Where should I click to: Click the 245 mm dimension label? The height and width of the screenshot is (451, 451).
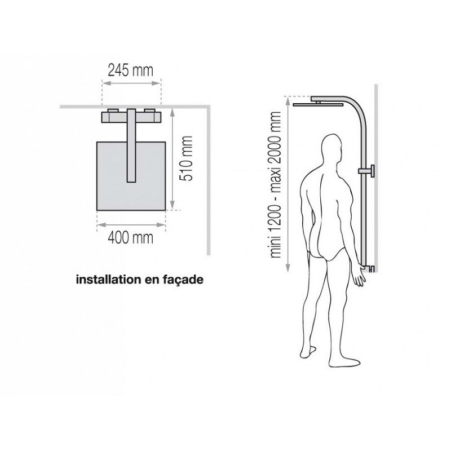[x=131, y=71]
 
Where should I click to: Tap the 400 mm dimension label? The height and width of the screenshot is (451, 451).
[x=131, y=238]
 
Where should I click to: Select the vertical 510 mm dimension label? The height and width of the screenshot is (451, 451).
[x=185, y=158]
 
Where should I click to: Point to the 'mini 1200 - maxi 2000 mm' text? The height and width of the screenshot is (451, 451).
[x=276, y=184]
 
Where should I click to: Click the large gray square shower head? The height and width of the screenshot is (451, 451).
[x=131, y=176]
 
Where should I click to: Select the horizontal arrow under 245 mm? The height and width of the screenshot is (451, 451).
[x=131, y=83]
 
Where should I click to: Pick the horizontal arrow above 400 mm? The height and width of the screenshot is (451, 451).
[x=131, y=224]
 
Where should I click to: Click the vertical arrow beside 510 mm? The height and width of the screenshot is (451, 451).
[x=173, y=158]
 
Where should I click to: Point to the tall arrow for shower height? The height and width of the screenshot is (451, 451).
[x=288, y=184]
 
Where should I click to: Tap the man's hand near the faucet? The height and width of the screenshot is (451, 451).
[x=360, y=275]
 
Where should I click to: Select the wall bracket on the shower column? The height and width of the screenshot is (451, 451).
[x=366, y=171]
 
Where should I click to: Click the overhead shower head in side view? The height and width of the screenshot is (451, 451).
[x=319, y=104]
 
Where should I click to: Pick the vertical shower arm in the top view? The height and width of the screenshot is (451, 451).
[x=131, y=145]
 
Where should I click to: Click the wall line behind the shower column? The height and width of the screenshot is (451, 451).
[x=376, y=178]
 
